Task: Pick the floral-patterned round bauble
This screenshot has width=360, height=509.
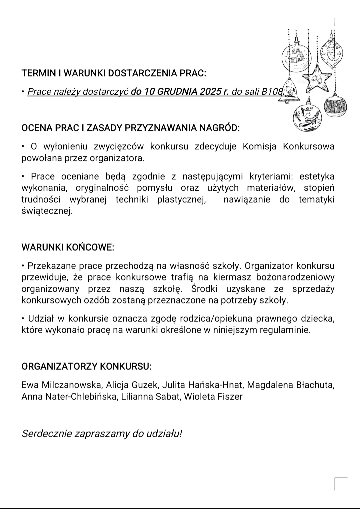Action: [307, 117]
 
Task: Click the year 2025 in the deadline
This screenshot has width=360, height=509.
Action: [211, 91]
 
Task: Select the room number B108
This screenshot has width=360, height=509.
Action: [273, 91]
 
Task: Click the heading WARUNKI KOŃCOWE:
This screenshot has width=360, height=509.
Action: [68, 247]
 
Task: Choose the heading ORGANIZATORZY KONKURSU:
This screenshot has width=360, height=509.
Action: [86, 366]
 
